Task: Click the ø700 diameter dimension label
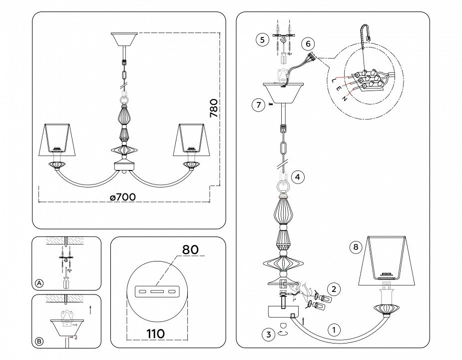[x=122, y=197]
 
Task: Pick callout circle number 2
[x=334, y=288]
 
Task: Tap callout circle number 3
[x=269, y=335]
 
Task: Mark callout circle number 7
[x=258, y=105]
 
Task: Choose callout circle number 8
[x=356, y=247]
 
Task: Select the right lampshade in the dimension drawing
[x=191, y=138]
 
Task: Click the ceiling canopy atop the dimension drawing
[x=122, y=39]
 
